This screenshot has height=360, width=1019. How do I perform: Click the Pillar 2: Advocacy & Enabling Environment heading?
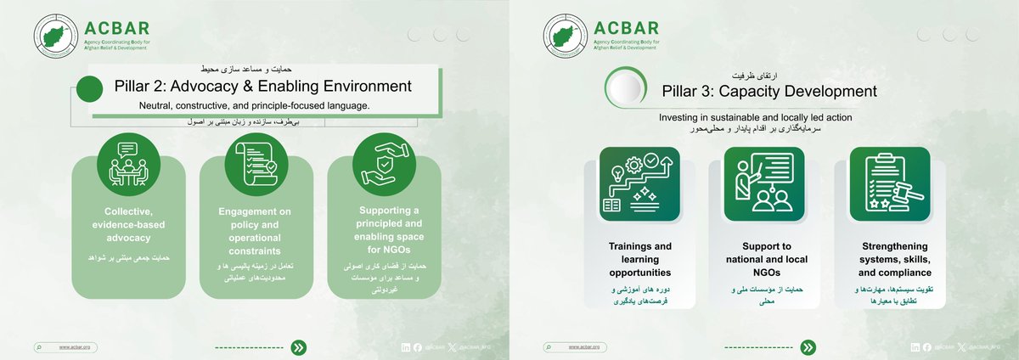[x=262, y=86]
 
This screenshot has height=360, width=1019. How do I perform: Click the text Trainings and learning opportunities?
[x=639, y=260]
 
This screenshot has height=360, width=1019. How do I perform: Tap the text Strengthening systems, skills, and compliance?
[x=889, y=260]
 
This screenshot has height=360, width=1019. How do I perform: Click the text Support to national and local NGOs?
[x=764, y=260]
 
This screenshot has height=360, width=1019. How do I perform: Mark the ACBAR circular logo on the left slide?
[x=59, y=37]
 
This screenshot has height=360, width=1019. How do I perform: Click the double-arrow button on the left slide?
[x=299, y=347]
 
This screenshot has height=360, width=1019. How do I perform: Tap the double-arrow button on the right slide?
[x=808, y=347]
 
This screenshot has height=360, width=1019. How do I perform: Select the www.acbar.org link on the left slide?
[x=75, y=347]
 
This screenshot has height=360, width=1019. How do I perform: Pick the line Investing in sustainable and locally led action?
[x=755, y=115]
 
